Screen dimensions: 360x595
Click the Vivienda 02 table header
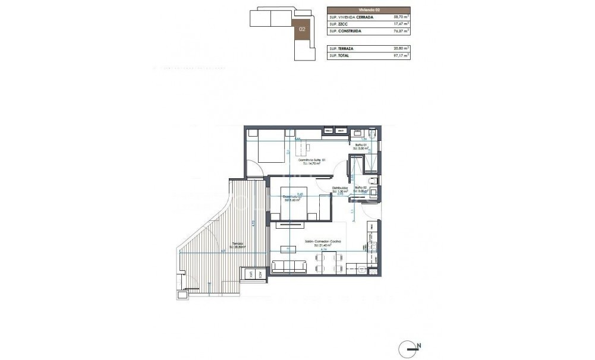(368, 10)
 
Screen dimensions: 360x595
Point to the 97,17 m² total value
(401, 56)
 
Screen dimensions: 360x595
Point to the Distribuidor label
(340, 188)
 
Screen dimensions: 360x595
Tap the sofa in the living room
(289, 267)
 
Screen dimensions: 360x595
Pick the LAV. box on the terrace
(251, 274)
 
